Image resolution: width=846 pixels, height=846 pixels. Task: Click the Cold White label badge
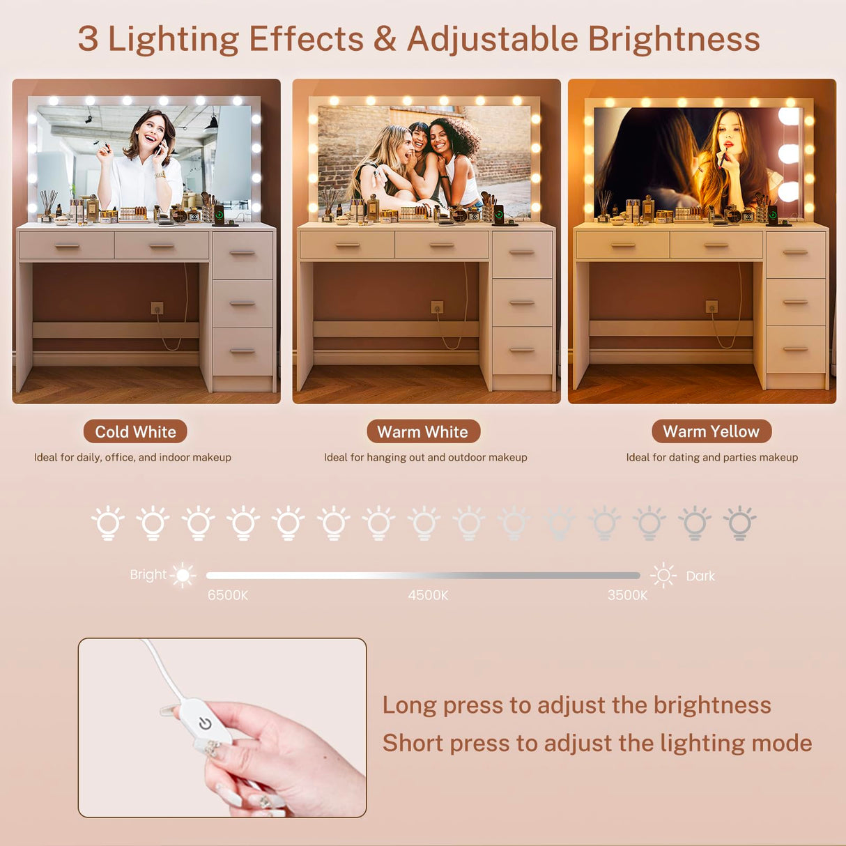click(135, 431)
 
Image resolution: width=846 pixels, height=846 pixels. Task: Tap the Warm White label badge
click(422, 431)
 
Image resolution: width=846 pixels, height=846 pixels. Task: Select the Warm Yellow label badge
click(711, 431)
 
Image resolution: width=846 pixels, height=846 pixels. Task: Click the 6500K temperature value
click(228, 595)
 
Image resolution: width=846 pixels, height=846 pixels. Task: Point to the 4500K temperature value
click(428, 595)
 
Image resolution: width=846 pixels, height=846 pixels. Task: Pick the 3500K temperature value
click(627, 595)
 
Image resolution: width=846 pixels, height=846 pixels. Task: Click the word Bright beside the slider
click(148, 575)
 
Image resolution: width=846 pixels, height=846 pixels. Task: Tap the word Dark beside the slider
click(700, 576)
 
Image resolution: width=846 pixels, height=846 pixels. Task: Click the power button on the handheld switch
click(205, 724)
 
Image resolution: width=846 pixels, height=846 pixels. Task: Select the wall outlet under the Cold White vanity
click(157, 307)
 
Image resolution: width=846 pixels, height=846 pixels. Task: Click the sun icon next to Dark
click(663, 576)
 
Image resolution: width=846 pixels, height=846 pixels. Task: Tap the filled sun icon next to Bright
click(183, 575)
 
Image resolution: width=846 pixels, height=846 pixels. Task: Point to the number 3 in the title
click(88, 39)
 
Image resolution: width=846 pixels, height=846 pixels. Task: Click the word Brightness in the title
click(673, 39)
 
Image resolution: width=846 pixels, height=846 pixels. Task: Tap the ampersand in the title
click(385, 39)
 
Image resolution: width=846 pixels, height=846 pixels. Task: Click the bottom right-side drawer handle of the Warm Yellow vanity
click(795, 348)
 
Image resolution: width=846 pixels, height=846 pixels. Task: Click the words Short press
click(446, 743)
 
